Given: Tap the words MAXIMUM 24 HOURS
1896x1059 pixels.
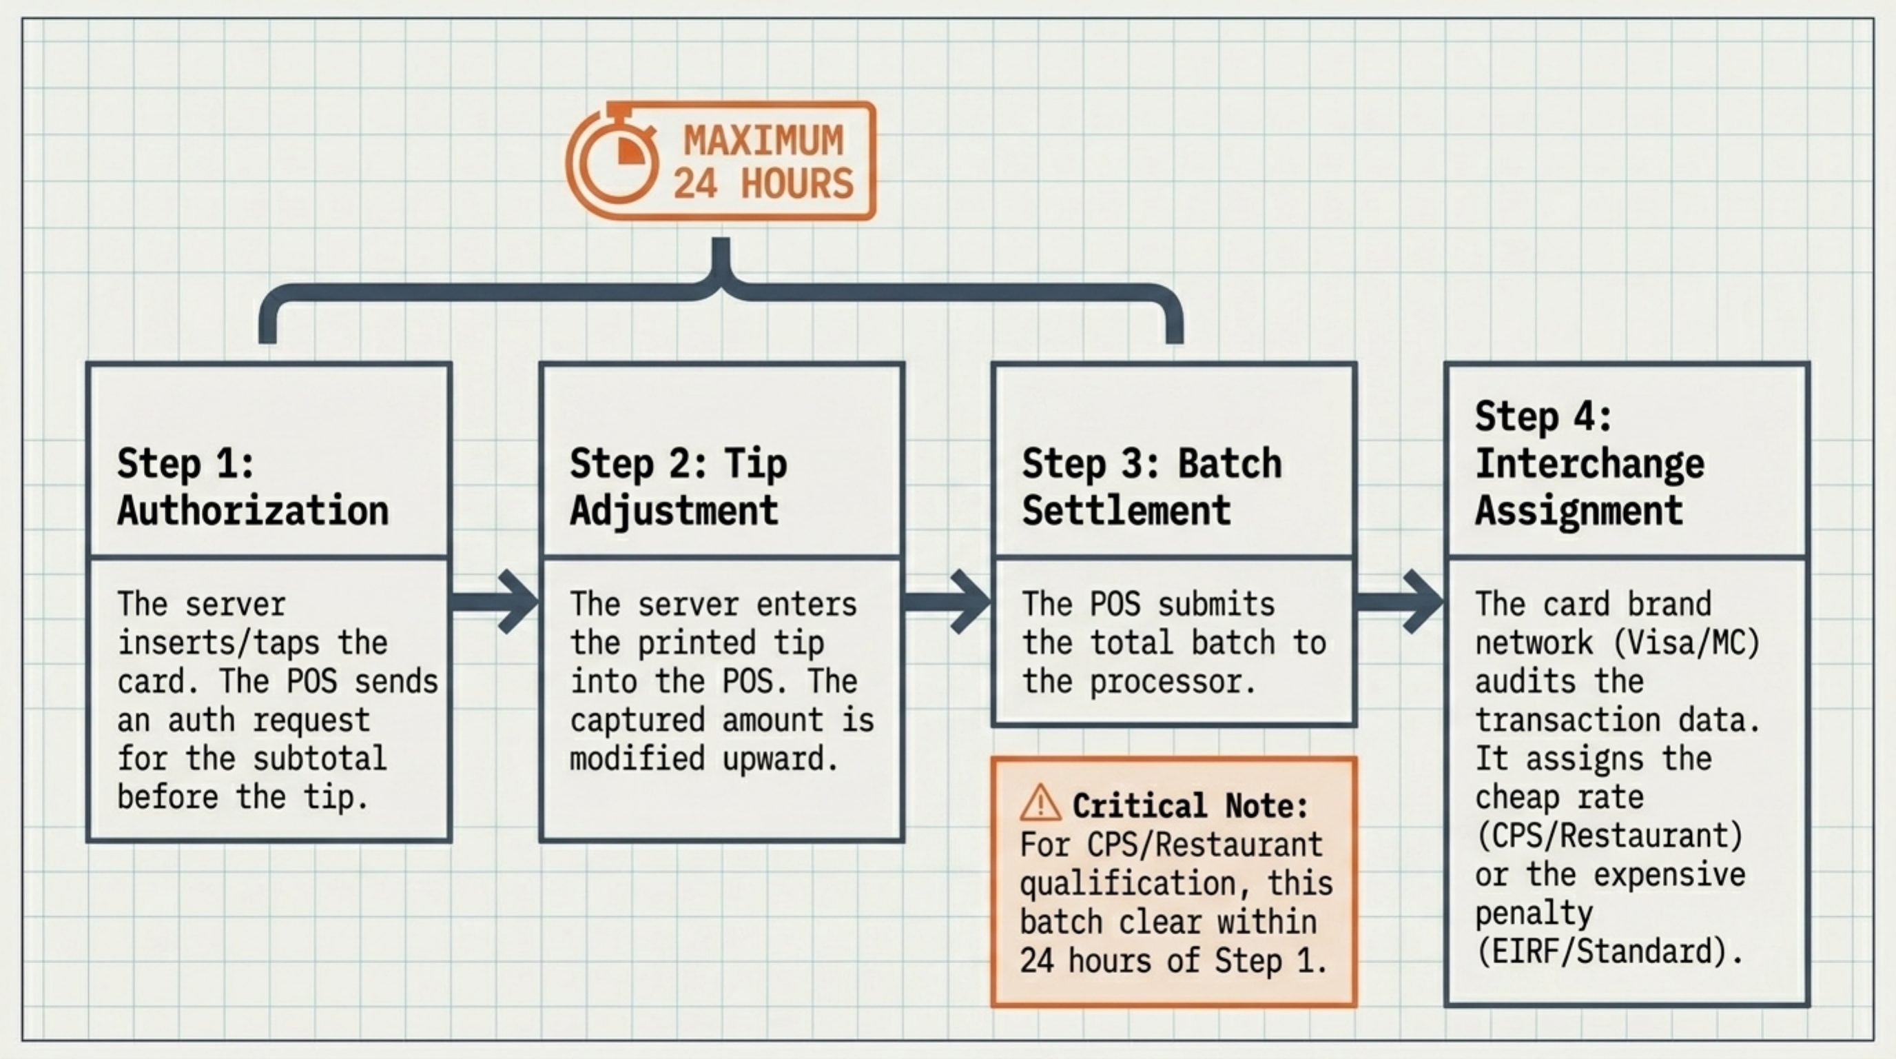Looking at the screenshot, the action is click(763, 162).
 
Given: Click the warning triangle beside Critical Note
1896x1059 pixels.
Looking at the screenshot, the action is click(1040, 803).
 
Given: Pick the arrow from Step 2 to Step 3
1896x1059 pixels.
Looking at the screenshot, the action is click(947, 601).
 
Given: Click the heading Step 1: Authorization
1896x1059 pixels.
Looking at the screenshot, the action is click(252, 487).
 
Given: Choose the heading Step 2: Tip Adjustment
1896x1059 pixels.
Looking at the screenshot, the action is click(678, 487).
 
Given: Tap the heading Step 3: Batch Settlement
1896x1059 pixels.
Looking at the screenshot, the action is click(1151, 487).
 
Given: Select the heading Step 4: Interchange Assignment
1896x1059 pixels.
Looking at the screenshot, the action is click(1590, 463).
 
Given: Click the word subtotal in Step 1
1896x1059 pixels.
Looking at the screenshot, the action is click(320, 758).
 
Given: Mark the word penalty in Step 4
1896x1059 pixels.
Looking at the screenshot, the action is click(1534, 914).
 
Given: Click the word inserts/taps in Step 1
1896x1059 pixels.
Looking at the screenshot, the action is click(218, 643).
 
